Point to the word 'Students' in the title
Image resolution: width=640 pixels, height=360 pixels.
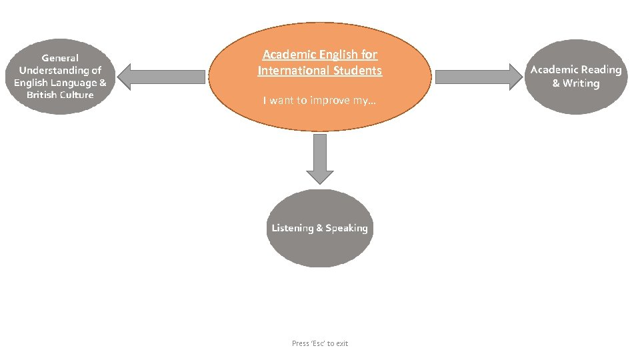point(360,70)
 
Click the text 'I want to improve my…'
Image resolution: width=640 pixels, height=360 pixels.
point(319,101)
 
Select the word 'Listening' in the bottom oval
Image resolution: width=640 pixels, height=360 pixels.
point(292,228)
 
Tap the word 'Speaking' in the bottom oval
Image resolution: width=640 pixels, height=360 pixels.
point(347,228)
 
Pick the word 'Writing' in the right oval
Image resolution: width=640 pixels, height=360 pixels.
point(581,83)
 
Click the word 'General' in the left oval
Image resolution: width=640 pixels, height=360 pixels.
point(60,58)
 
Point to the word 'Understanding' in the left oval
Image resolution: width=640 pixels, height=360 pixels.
point(60,70)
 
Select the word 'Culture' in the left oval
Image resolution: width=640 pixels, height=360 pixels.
point(78,95)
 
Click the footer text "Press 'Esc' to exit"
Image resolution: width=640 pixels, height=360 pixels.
point(320,343)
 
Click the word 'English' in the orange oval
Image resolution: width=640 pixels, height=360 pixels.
point(339,55)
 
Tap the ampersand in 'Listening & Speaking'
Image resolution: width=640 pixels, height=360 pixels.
point(319,228)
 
